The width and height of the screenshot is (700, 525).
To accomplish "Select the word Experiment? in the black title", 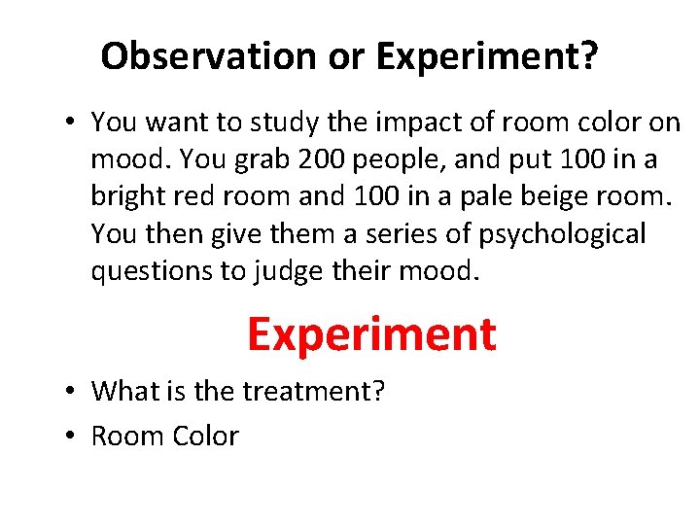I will [487, 57].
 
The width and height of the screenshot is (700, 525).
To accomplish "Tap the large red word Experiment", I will [371, 333].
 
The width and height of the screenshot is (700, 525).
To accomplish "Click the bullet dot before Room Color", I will [73, 437].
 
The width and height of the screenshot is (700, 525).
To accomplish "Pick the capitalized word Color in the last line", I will [206, 436].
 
